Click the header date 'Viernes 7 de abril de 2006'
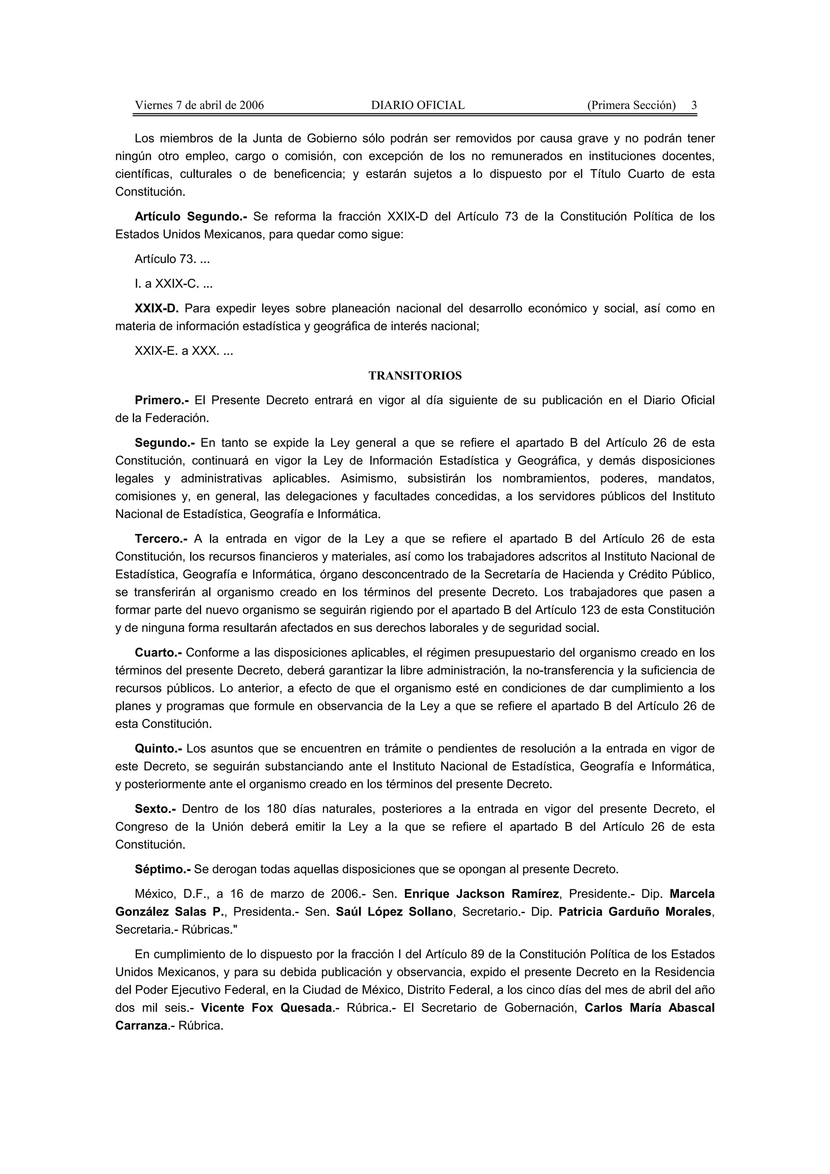pos(199,105)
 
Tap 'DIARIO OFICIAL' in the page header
pos(418,105)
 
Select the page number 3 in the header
pos(694,105)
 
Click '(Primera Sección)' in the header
pos(631,105)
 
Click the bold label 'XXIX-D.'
pos(156,308)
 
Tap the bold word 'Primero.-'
pos(162,400)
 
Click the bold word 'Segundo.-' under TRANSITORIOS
pos(165,443)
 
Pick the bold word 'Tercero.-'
pos(161,539)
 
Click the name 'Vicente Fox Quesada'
pos(266,1008)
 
